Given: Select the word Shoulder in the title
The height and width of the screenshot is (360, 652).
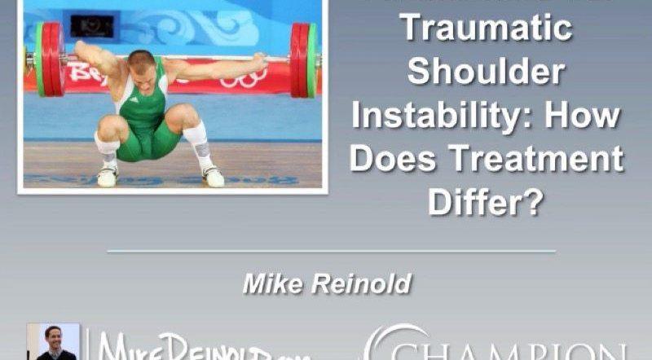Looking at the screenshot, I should [x=487, y=72].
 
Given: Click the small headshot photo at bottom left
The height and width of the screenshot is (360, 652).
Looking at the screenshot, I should [x=55, y=342].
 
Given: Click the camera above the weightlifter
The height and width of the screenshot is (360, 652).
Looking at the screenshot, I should [x=91, y=24].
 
